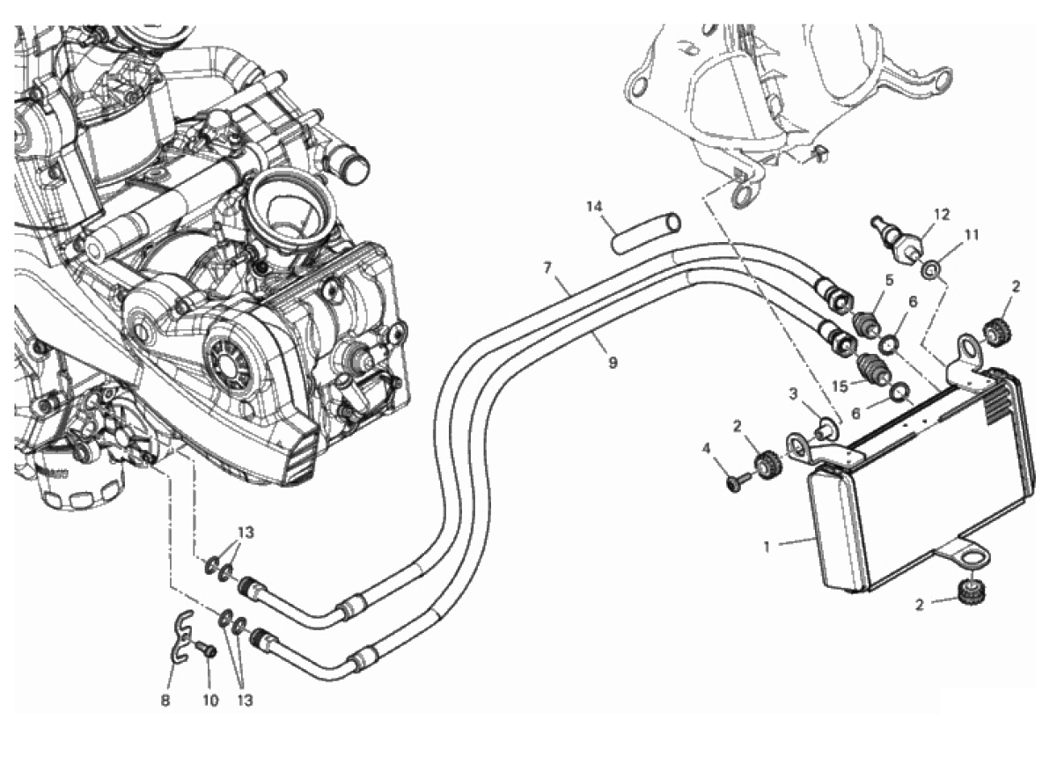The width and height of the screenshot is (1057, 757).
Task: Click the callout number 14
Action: pyautogui.click(x=595, y=206)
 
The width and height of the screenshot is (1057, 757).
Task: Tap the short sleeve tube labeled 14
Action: pyautogui.click(x=645, y=234)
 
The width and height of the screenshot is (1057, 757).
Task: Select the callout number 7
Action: pyautogui.click(x=547, y=268)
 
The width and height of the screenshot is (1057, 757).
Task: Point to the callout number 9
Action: pyautogui.click(x=613, y=363)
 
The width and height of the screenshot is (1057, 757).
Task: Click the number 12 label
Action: pyautogui.click(x=942, y=215)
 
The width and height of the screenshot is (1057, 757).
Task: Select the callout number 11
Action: pyautogui.click(x=971, y=234)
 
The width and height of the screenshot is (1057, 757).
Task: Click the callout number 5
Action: pyautogui.click(x=889, y=280)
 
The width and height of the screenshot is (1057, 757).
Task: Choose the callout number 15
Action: pyautogui.click(x=840, y=387)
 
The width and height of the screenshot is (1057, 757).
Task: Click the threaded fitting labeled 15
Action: pyautogui.click(x=872, y=372)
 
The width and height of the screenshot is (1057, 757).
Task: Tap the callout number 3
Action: pyautogui.click(x=793, y=393)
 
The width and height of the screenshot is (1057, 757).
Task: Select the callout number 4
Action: pyautogui.click(x=706, y=449)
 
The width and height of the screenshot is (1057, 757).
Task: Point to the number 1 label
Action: pyautogui.click(x=767, y=548)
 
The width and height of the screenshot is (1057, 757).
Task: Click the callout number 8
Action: pyautogui.click(x=165, y=701)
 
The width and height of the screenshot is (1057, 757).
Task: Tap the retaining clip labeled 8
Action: pyautogui.click(x=182, y=636)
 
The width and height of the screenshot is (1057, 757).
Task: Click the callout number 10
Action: pyautogui.click(x=210, y=701)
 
